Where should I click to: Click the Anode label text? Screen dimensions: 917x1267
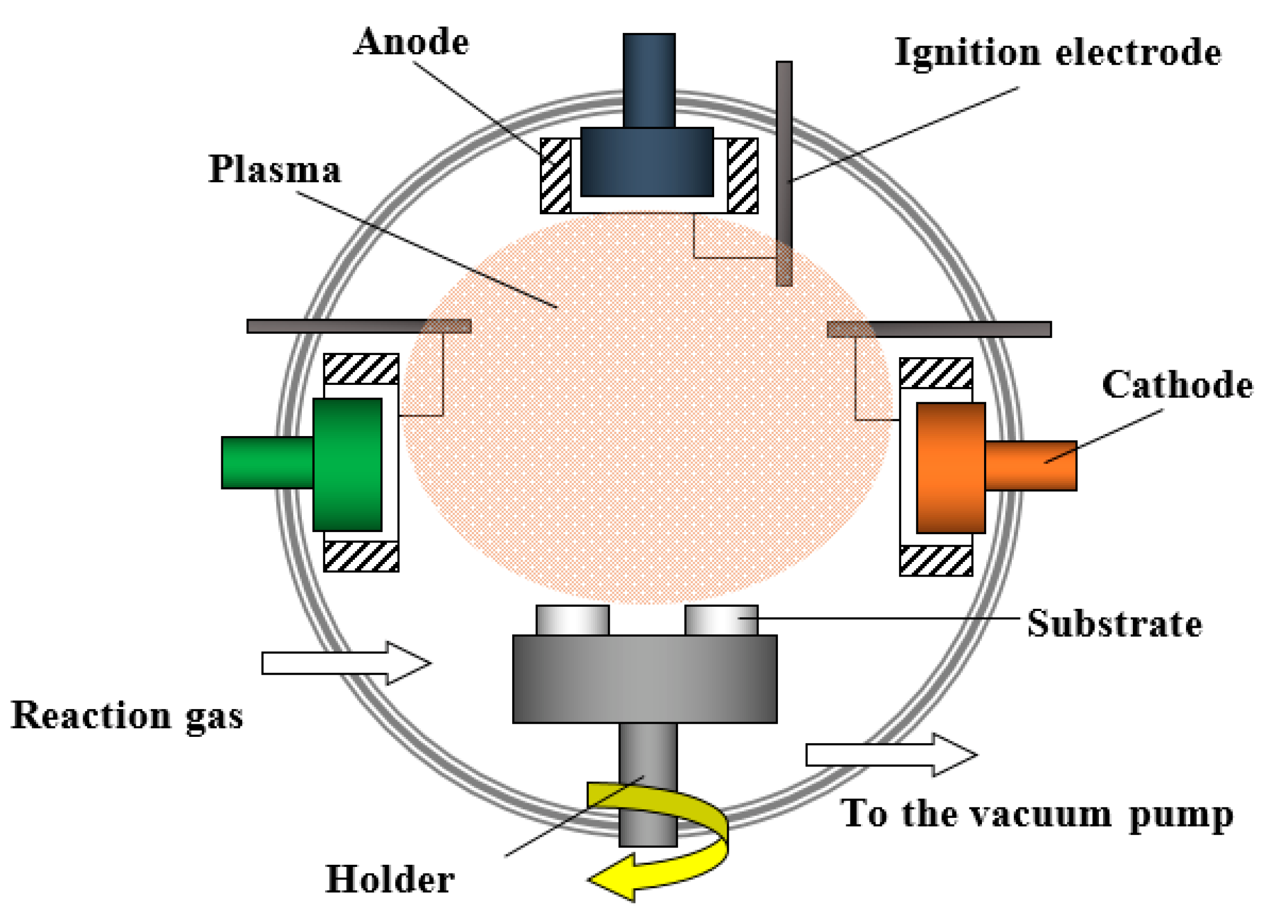(x=412, y=42)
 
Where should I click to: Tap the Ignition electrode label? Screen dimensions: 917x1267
(x=1058, y=53)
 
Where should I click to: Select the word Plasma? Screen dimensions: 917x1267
(x=274, y=169)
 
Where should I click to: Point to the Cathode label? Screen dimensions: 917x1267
(x=1177, y=385)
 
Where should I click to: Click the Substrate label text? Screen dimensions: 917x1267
(x=1115, y=624)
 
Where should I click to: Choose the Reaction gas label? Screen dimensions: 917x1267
(x=127, y=716)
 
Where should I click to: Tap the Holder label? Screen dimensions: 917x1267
(x=389, y=879)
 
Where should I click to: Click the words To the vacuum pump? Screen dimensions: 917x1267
(x=1037, y=814)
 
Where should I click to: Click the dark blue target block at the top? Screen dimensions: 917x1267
(x=647, y=162)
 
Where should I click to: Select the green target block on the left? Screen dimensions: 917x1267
(x=347, y=464)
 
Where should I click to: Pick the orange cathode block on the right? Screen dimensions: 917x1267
(x=951, y=468)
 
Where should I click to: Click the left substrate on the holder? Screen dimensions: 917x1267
(x=572, y=620)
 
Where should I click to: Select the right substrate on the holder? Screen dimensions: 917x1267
(x=721, y=620)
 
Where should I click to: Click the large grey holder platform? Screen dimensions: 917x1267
(x=645, y=679)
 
